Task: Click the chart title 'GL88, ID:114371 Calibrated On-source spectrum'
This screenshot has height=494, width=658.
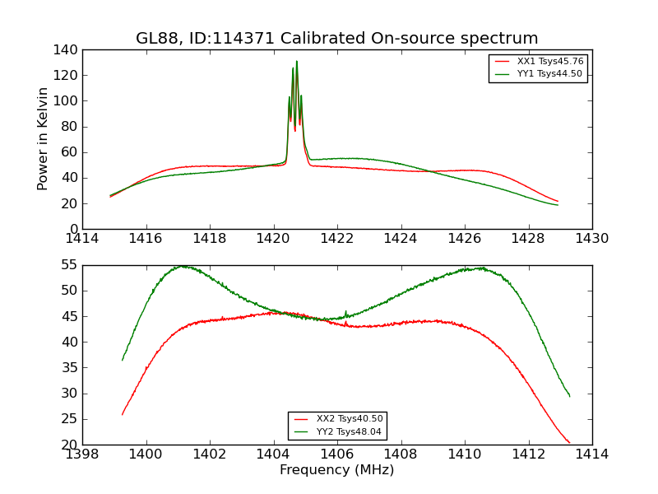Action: click(x=336, y=39)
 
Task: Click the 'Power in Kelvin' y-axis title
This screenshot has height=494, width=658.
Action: click(x=44, y=139)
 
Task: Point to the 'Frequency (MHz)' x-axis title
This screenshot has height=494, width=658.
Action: click(x=336, y=470)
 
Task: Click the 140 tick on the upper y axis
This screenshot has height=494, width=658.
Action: click(x=67, y=50)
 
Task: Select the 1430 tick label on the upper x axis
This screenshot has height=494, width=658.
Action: click(x=591, y=239)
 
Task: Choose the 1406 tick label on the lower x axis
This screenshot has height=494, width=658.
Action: click(x=336, y=454)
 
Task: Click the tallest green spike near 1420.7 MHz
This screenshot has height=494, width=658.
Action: click(x=297, y=61)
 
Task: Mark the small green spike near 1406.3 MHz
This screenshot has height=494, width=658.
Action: click(x=345, y=311)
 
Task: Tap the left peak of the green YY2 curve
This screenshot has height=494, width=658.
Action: click(x=182, y=266)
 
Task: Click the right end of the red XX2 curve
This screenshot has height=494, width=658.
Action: click(x=569, y=443)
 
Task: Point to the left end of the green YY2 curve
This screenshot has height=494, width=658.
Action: click(x=123, y=360)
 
